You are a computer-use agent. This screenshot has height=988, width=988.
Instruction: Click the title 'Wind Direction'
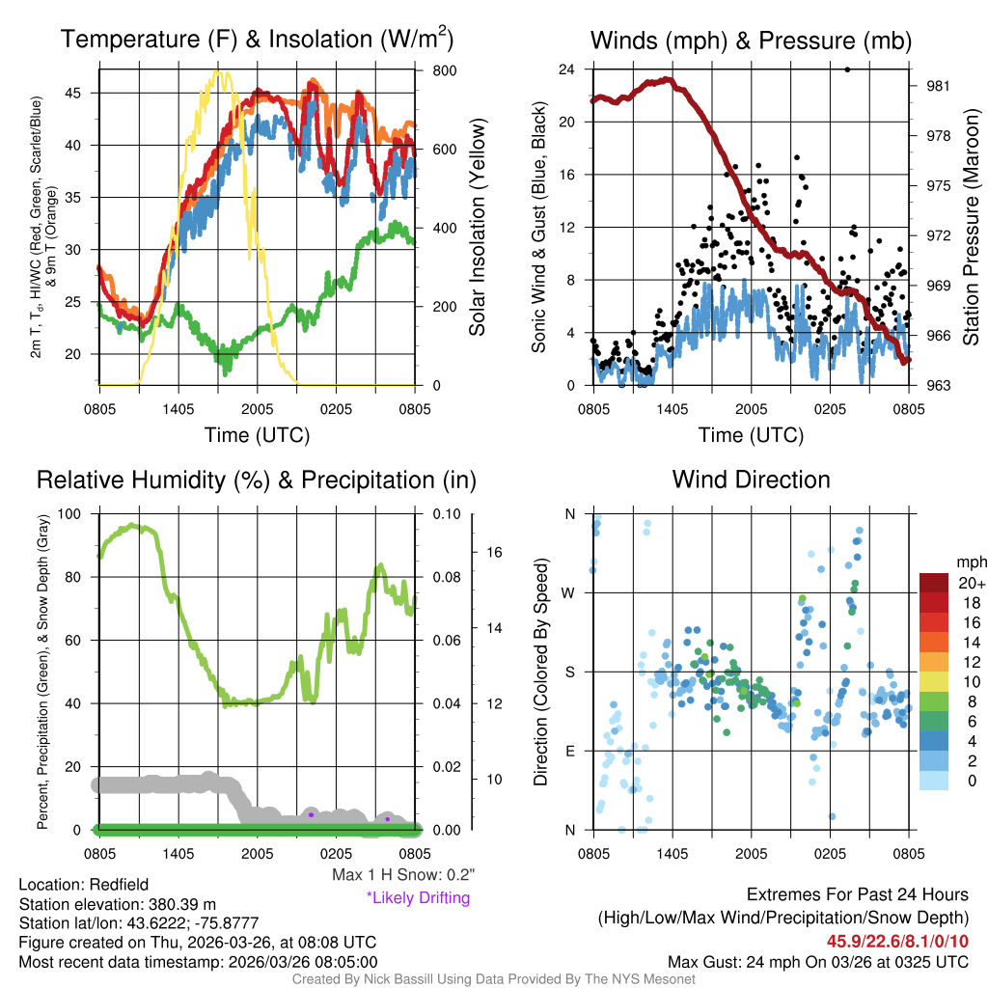coord(751,480)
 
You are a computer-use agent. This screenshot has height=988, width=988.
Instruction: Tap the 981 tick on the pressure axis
coord(936,85)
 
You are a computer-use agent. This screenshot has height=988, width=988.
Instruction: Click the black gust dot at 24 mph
coord(847,69)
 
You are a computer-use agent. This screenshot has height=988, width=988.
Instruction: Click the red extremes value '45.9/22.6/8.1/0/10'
coord(897,941)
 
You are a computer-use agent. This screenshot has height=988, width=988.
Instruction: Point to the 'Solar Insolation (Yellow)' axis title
coord(478,228)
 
